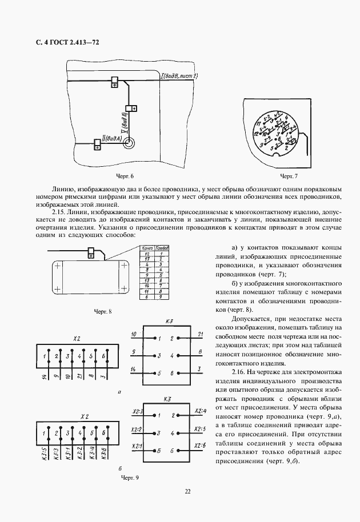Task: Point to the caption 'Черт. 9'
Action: coord(129,476)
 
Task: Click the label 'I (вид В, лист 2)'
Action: coord(180,76)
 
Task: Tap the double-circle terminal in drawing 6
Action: coord(131,143)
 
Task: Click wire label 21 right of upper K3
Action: coord(201,334)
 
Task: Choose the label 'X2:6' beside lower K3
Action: coord(200,445)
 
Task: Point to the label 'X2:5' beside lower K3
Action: coord(200,428)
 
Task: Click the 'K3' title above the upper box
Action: coord(169,321)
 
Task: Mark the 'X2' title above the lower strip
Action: coord(84,417)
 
